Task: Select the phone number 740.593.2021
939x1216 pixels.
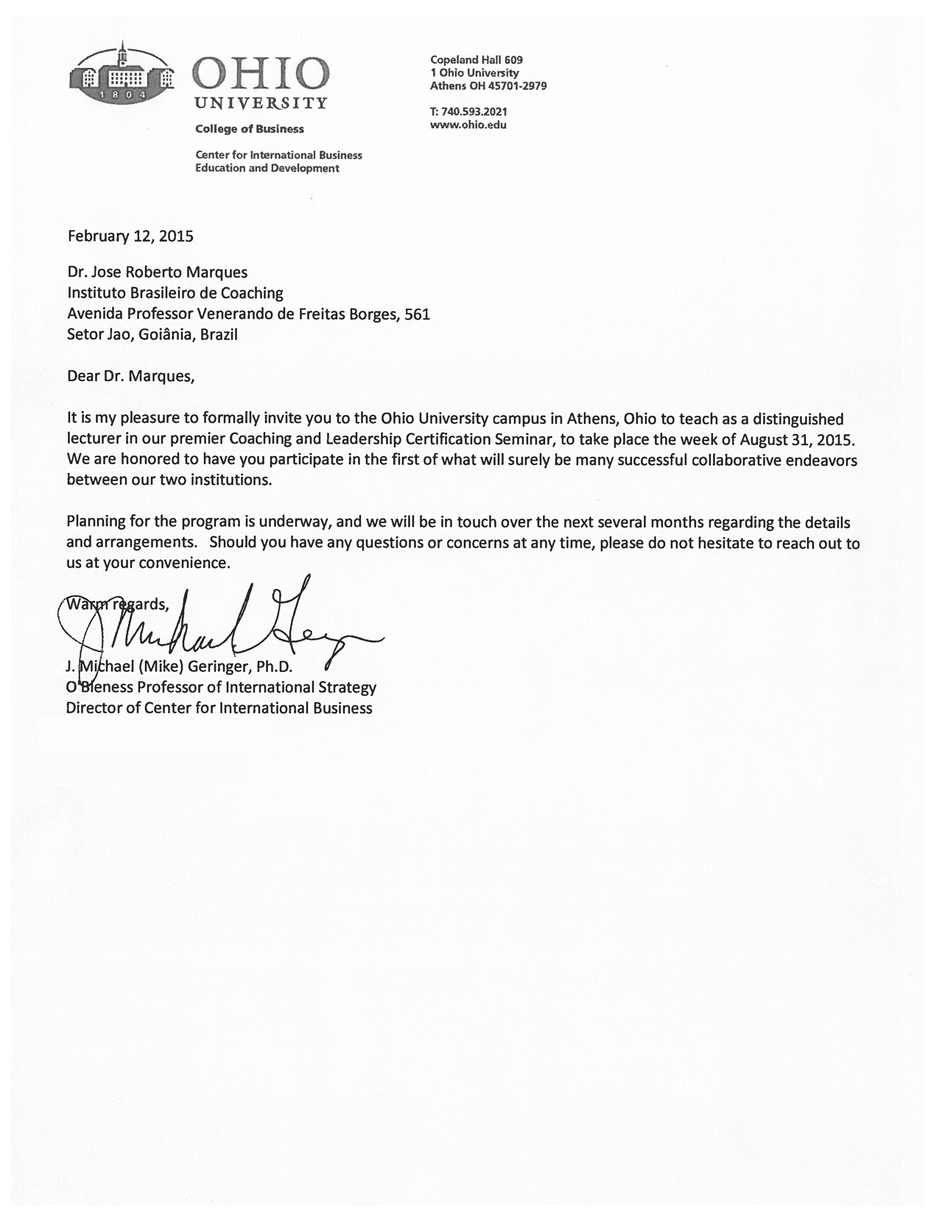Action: (x=473, y=112)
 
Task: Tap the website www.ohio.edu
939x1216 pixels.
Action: (x=468, y=125)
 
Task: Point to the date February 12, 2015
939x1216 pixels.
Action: (x=130, y=237)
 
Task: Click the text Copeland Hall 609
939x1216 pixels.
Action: (x=476, y=60)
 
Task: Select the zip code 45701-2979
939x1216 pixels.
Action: (x=518, y=85)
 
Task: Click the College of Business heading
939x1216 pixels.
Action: (x=249, y=129)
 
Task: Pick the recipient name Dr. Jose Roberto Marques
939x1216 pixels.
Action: (x=158, y=272)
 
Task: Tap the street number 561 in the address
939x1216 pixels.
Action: (x=418, y=314)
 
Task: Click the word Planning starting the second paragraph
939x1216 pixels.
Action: (x=95, y=523)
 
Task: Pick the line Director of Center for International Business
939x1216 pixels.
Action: (x=219, y=708)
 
